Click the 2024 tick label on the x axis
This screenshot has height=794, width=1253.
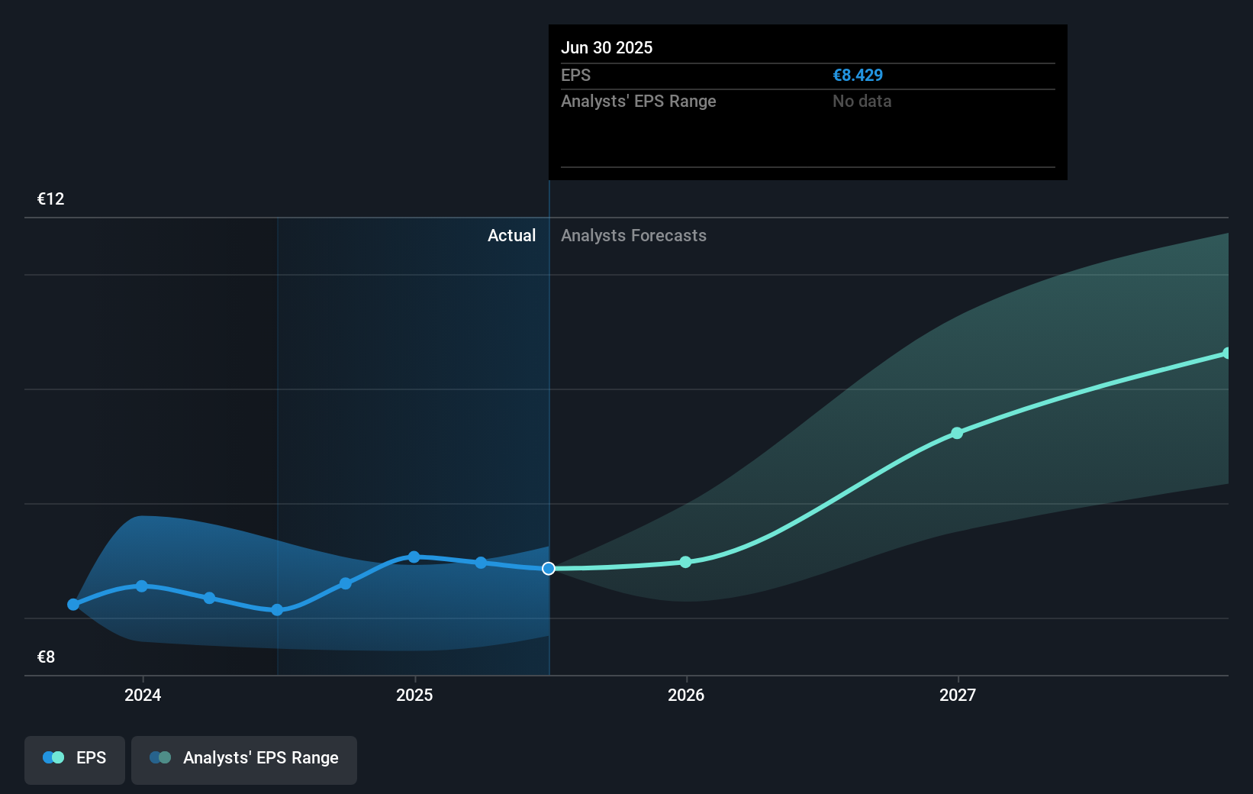click(143, 695)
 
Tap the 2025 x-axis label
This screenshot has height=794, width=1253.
click(414, 695)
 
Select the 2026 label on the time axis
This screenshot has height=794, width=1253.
click(686, 695)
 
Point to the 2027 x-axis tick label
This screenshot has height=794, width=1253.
click(958, 695)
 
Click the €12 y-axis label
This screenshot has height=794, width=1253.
click(50, 199)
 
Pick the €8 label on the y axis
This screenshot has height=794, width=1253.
click(46, 657)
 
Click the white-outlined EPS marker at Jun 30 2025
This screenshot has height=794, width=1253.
click(549, 569)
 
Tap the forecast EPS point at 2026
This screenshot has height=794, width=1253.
click(685, 562)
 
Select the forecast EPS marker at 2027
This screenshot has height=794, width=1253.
click(957, 433)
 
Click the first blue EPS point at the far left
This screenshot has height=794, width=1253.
click(73, 605)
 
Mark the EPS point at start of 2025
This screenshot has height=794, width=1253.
click(414, 557)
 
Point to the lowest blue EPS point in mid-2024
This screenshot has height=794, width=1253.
click(277, 610)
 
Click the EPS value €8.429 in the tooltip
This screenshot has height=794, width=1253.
click(858, 76)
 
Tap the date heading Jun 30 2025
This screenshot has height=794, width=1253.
click(607, 48)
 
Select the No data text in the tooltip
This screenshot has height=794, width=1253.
click(862, 102)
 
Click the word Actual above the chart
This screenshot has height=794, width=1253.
click(511, 236)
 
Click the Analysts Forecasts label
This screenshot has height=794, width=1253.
click(633, 236)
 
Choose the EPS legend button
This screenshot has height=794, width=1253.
click(75, 759)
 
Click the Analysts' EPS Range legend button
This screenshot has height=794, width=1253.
click(244, 759)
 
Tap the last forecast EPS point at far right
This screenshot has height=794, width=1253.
click(1226, 353)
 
